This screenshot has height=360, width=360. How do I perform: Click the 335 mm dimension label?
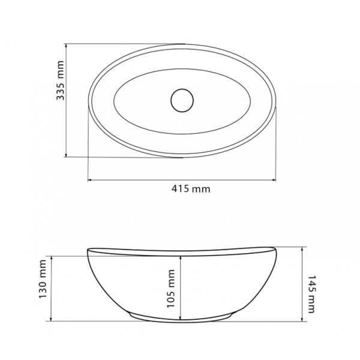60,80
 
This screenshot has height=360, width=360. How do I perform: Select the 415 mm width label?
191,189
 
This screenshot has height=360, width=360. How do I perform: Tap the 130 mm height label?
43,279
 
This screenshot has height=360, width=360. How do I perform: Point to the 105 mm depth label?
170,289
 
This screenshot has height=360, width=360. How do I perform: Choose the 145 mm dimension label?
311,295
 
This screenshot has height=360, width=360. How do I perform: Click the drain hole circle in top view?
182,100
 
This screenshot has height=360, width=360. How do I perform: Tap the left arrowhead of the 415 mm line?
90,180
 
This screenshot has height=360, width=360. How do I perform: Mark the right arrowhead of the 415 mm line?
274,180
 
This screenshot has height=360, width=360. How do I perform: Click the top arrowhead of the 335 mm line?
66,46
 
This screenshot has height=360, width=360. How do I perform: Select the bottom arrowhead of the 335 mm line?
66,155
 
